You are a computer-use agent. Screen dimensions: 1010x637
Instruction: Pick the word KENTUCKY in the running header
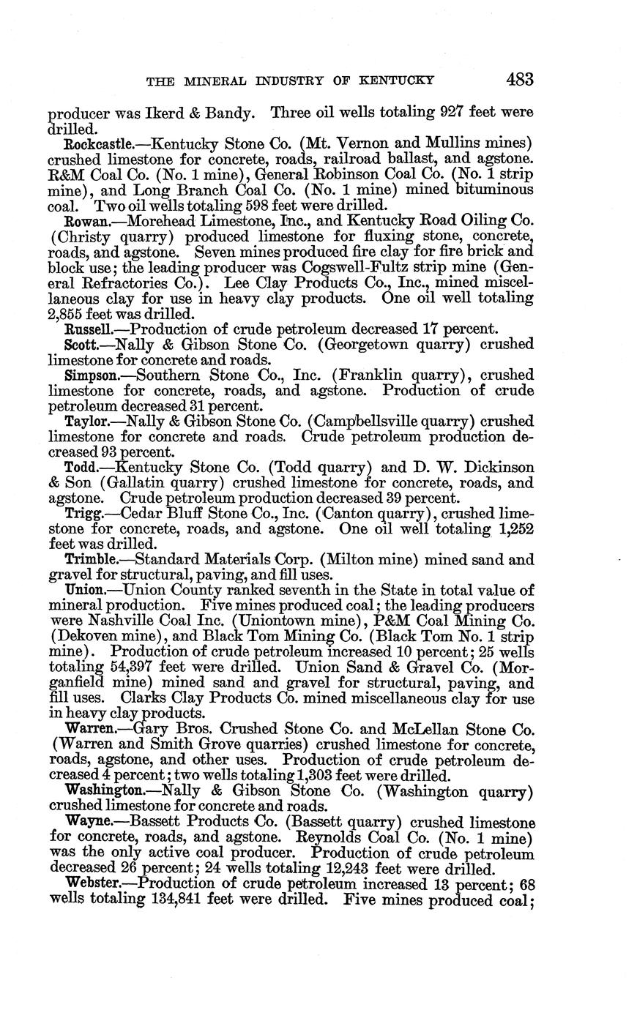(x=392, y=81)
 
